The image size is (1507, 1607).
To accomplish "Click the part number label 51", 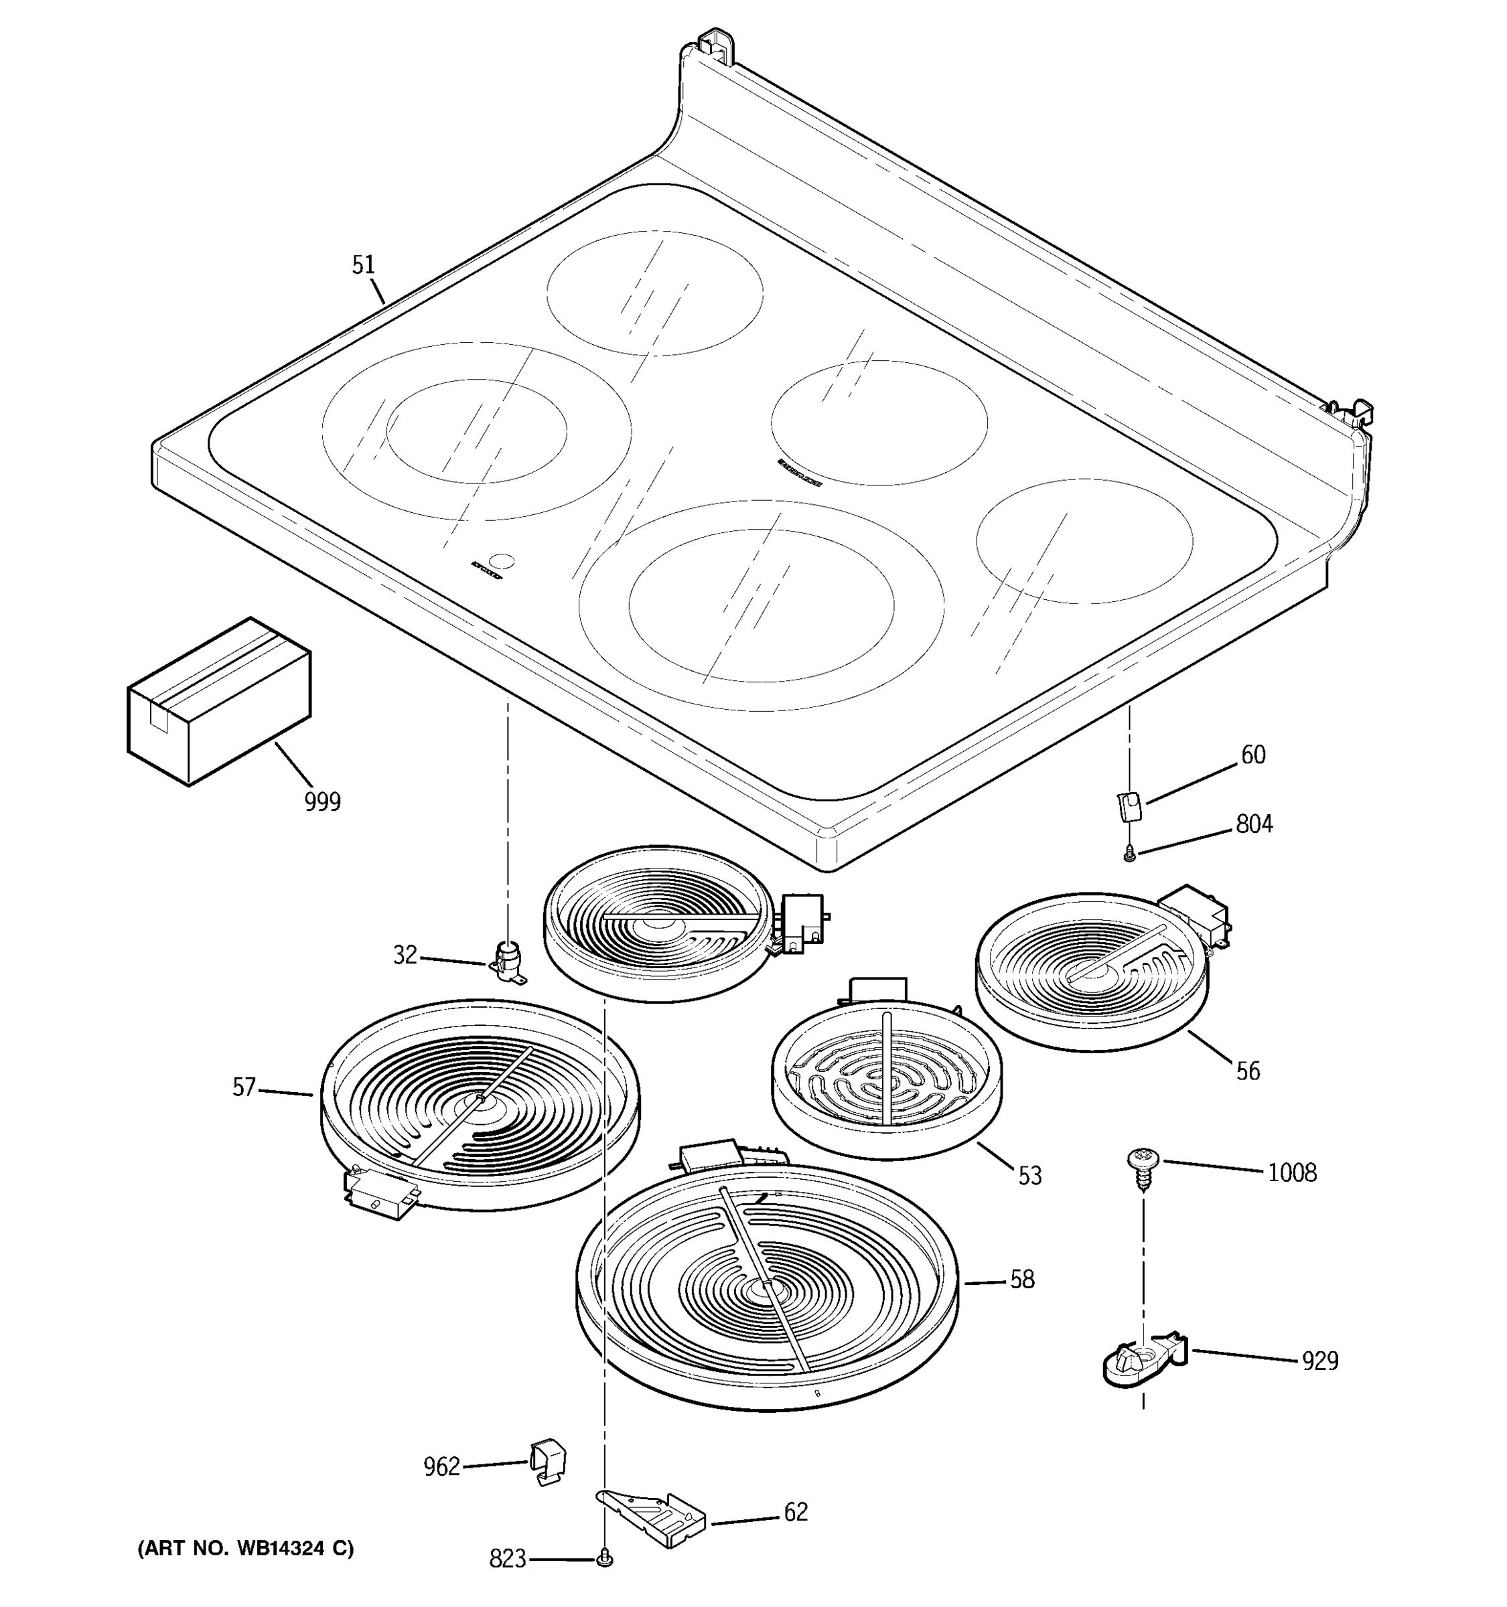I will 364,264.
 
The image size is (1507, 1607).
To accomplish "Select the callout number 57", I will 244,1087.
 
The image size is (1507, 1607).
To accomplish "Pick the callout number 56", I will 1248,1071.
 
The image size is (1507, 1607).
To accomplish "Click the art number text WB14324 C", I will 246,1548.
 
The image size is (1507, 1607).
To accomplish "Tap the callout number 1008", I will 1291,1172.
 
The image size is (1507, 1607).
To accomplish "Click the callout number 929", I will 1319,1361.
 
